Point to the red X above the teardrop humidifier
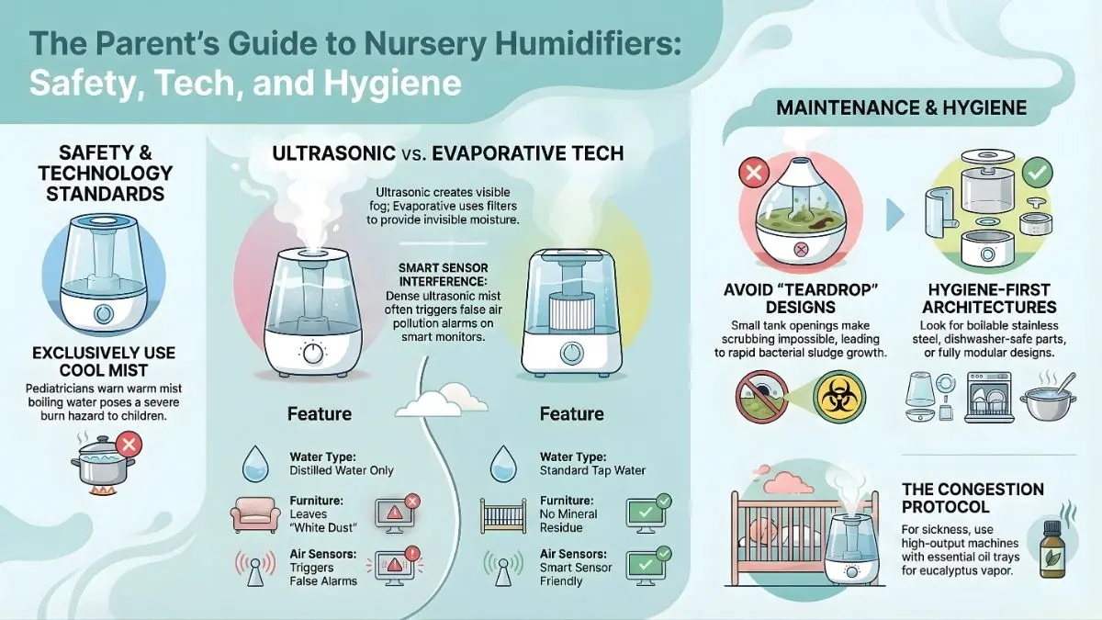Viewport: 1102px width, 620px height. tap(754, 172)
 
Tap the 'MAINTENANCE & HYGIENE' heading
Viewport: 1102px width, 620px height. tap(901, 108)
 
